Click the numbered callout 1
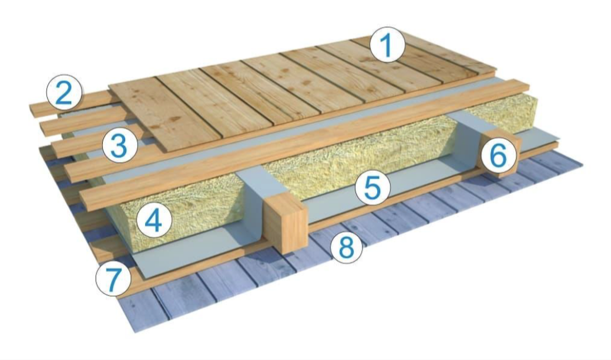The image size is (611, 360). pyautogui.click(x=387, y=46)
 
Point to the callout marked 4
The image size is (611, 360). pyautogui.click(x=155, y=220)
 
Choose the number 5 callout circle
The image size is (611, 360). pyautogui.click(x=372, y=187)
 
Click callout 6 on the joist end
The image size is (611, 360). pyautogui.click(x=499, y=156)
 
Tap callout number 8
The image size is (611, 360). pyautogui.click(x=346, y=247)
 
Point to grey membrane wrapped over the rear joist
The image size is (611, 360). pyautogui.click(x=468, y=133)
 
